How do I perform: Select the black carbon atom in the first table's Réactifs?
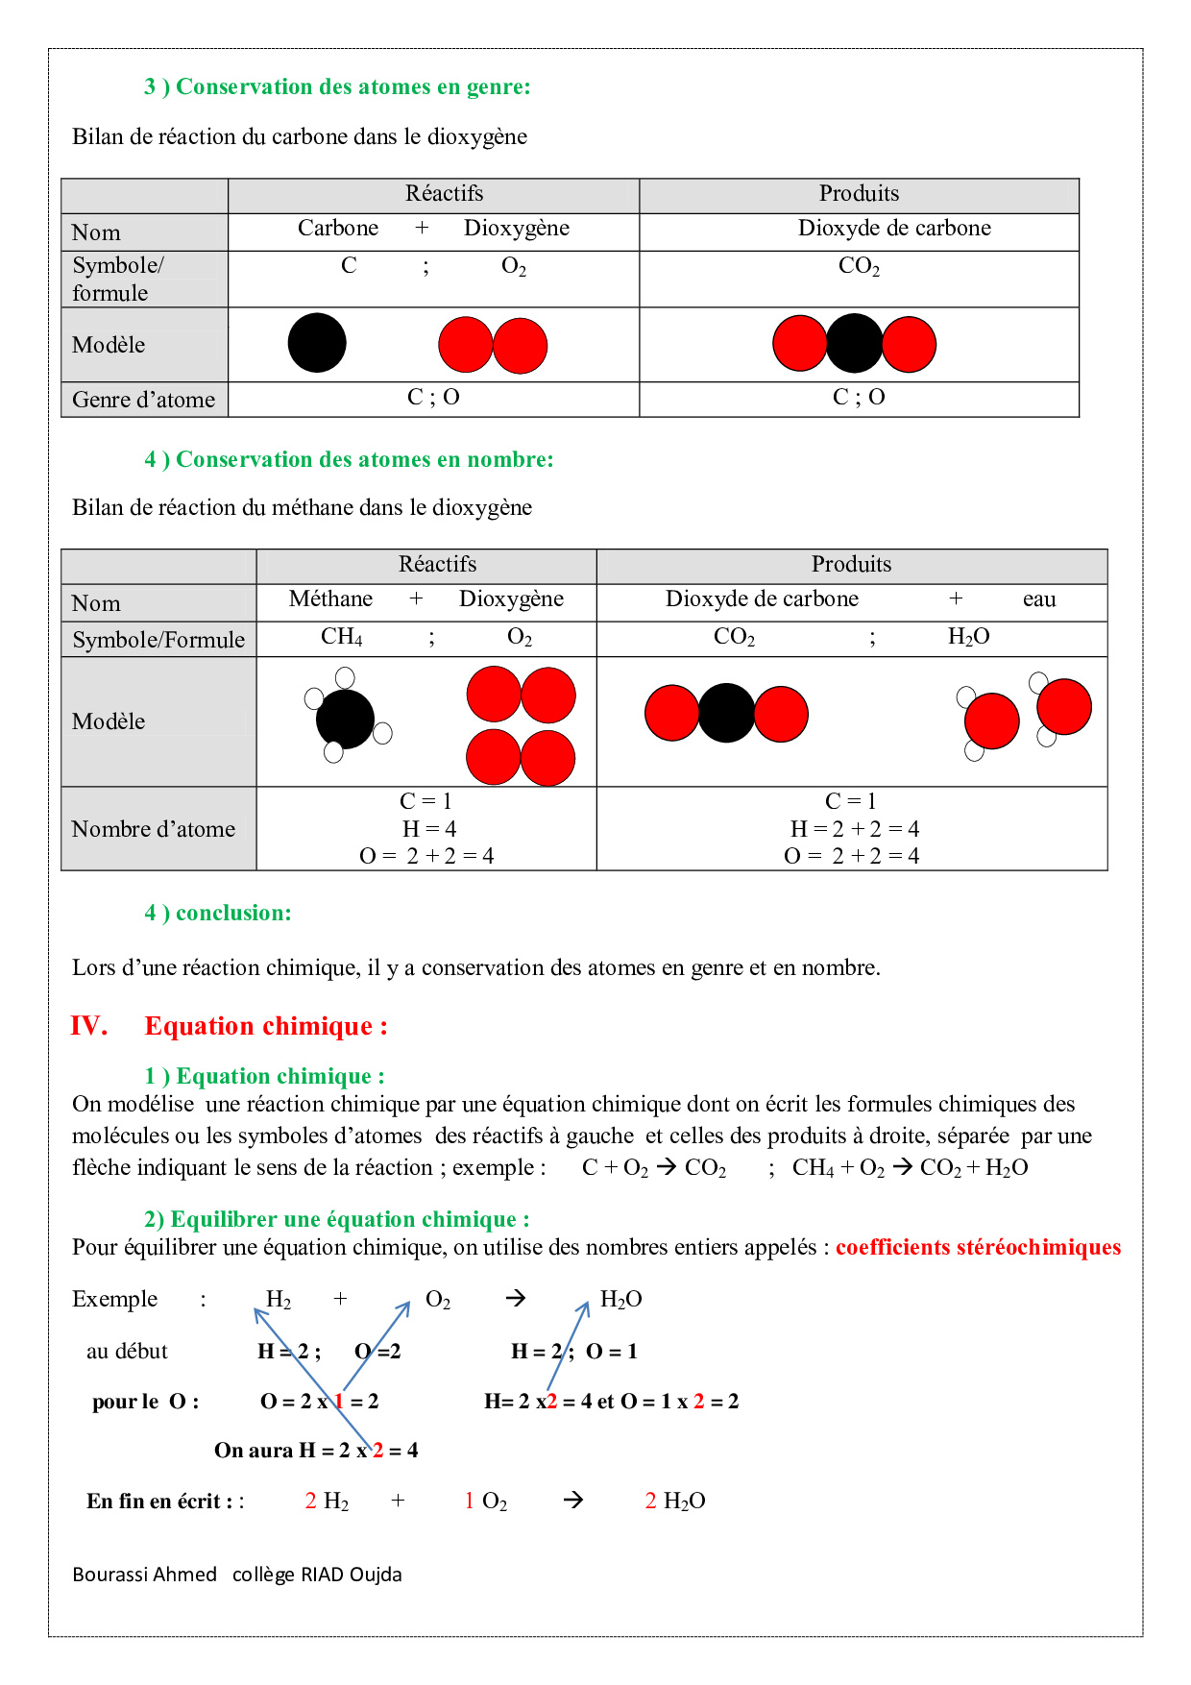point(317,343)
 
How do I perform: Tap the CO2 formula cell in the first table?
point(859,267)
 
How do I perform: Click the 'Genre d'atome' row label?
point(144,400)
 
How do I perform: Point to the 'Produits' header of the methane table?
point(851,564)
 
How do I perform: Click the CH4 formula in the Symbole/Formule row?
point(341,637)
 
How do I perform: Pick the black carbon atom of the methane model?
point(344,719)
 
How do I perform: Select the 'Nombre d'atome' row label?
point(154,829)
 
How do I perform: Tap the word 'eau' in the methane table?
point(1038,599)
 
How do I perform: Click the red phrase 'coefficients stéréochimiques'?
point(978,1247)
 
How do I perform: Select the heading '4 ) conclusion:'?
point(218,913)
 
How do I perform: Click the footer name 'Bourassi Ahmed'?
point(144,1575)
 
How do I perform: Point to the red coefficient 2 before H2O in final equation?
point(650,1501)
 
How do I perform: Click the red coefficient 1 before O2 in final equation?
point(469,1501)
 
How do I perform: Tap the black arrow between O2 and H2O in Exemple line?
point(516,1299)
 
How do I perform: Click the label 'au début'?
point(127,1352)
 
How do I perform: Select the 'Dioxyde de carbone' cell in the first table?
point(893,229)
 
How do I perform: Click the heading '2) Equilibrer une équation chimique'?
point(336,1219)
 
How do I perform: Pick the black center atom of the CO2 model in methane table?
point(726,713)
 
